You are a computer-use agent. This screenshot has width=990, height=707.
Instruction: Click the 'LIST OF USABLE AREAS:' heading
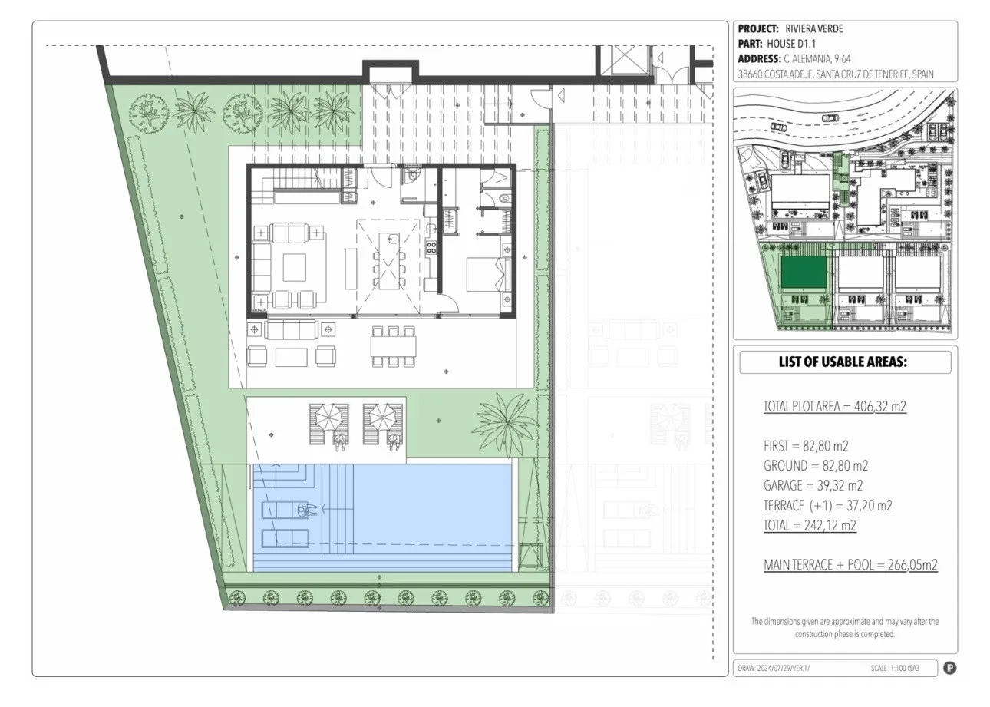pyautogui.click(x=843, y=362)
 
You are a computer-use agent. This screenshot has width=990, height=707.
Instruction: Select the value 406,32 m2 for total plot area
pyautogui.click(x=880, y=406)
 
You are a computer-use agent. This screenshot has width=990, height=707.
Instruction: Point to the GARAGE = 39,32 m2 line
pyautogui.click(x=813, y=485)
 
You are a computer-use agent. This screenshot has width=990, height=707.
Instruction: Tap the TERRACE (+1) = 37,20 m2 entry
pyautogui.click(x=828, y=505)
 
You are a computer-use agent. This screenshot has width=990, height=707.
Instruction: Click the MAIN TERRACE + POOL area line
pyautogui.click(x=851, y=565)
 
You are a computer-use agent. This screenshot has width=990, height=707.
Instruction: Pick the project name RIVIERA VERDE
pyautogui.click(x=814, y=28)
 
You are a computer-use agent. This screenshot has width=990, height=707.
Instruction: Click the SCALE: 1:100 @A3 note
pyautogui.click(x=895, y=668)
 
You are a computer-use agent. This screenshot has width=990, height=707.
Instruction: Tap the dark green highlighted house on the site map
pyautogui.click(x=804, y=272)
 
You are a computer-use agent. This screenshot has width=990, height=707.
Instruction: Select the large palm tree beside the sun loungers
pyautogui.click(x=504, y=424)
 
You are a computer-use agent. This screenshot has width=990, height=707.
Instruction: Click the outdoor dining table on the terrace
pyautogui.click(x=394, y=347)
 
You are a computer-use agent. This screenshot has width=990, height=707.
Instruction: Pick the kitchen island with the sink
pyautogui.click(x=389, y=261)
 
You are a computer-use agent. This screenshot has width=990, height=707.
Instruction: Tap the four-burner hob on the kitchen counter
pyautogui.click(x=431, y=247)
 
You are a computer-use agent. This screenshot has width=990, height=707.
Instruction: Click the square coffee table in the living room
pyautogui.click(x=295, y=267)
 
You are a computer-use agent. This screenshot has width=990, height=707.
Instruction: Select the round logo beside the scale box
pyautogui.click(x=950, y=668)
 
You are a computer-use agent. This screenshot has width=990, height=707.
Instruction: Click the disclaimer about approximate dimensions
pyautogui.click(x=845, y=627)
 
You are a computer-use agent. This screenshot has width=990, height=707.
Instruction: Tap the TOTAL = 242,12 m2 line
pyautogui.click(x=810, y=525)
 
